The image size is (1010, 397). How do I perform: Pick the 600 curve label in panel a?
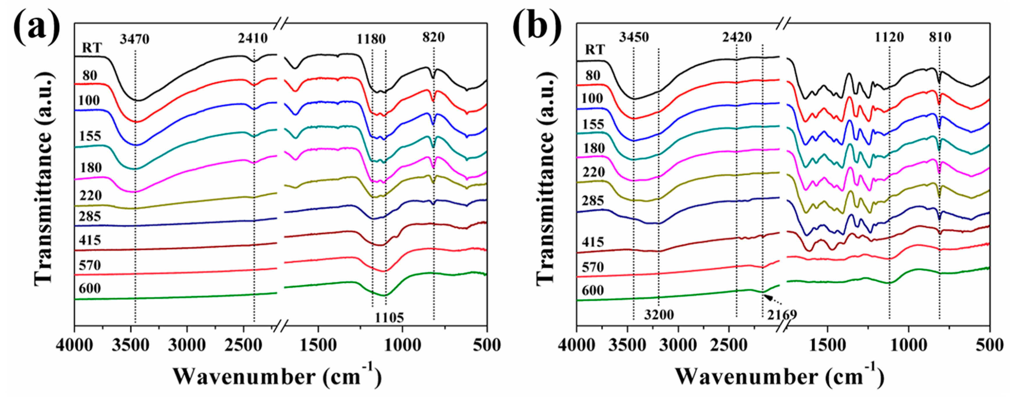click(x=90, y=289)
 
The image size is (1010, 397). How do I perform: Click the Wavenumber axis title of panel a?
click(x=277, y=377)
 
